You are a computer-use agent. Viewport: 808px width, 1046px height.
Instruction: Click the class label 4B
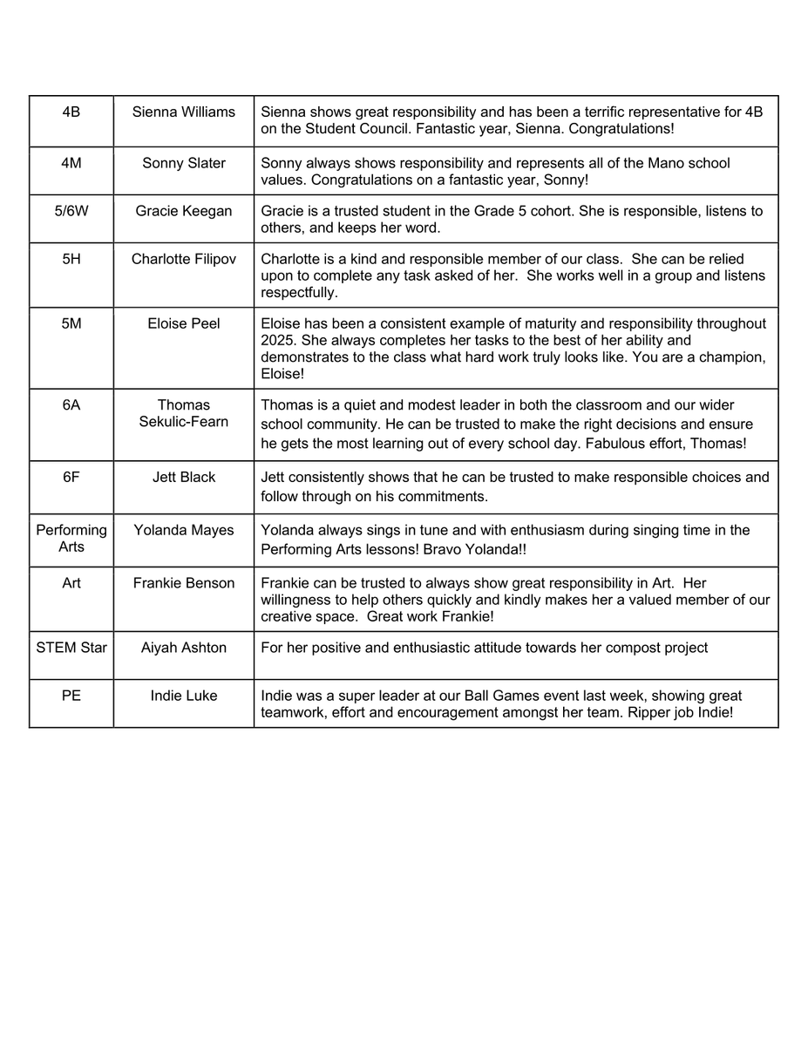71,112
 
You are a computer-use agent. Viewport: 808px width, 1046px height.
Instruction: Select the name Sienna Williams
184,112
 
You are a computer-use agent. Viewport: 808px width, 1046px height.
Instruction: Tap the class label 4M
71,163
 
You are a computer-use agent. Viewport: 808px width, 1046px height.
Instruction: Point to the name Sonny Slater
184,163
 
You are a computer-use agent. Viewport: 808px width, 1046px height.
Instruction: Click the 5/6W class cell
71,212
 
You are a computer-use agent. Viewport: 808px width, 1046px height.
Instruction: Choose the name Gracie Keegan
184,212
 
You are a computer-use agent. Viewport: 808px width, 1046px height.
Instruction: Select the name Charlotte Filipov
184,259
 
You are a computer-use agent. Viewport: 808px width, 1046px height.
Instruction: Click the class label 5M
71,323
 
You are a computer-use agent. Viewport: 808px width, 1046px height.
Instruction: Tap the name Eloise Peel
184,323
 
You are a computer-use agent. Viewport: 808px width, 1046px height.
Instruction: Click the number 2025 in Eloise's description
278,340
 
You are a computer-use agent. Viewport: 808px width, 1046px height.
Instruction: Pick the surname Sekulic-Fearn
184,421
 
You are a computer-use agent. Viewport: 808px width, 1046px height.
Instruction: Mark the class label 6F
71,477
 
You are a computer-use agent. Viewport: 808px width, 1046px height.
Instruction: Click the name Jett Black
184,477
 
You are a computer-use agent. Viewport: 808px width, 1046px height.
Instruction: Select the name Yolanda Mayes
184,530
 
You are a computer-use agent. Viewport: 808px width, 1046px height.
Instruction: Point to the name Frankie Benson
184,583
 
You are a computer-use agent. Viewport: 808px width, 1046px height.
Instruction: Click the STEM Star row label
71,648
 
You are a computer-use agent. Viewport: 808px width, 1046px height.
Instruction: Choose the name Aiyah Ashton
184,648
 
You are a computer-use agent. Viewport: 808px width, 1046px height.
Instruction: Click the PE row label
71,696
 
